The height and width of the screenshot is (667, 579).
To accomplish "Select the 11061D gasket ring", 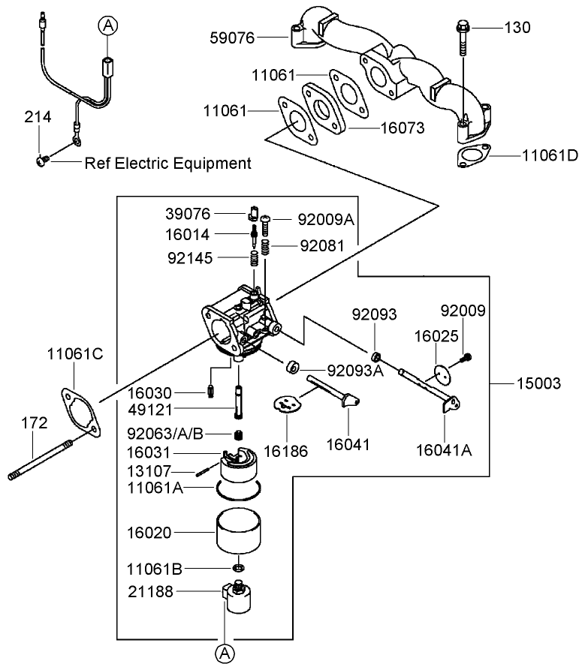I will pyautogui.click(x=472, y=157).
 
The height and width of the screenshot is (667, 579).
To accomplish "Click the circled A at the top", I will pyautogui.click(x=108, y=26).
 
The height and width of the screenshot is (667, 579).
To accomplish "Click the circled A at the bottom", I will pyautogui.click(x=225, y=653).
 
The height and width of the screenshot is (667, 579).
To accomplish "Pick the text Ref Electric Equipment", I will pyautogui.click(x=167, y=163).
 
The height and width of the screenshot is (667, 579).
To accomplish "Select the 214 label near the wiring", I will pyautogui.click(x=38, y=117).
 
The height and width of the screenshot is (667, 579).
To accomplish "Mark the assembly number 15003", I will pyautogui.click(x=538, y=383).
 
